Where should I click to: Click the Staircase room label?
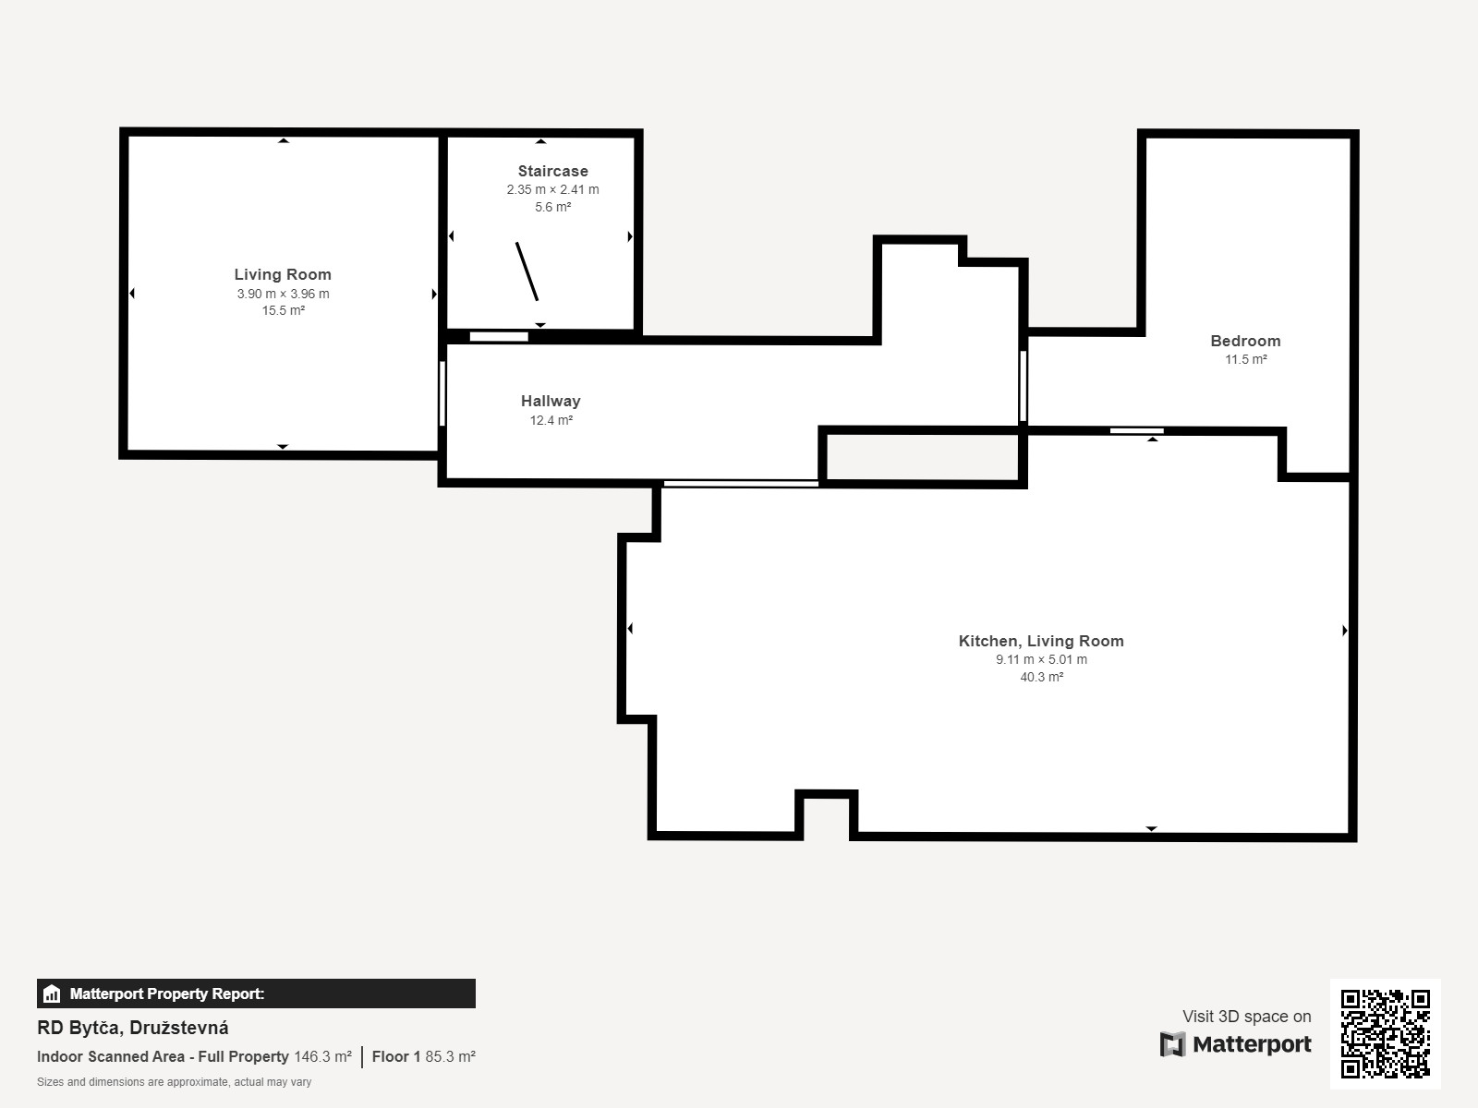pos(552,171)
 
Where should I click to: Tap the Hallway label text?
pos(551,401)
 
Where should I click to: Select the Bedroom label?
pos(1245,341)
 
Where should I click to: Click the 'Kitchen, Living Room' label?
pos(1041,641)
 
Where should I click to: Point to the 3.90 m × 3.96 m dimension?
pos(283,294)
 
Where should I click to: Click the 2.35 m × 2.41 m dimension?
pos(552,189)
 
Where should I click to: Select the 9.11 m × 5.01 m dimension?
pos(1041,659)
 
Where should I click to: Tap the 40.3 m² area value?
pos(1041,677)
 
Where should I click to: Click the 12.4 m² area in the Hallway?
pos(551,420)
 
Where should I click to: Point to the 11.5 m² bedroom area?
pos(1245,359)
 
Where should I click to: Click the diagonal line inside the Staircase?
pos(527,271)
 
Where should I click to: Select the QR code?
pos(1385,1033)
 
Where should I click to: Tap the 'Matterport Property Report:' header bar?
pos(256,994)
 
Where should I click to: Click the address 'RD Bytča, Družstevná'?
pos(133,1028)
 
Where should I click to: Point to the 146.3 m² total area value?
pos(322,1056)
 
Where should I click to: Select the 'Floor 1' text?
pos(396,1056)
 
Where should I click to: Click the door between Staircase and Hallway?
pos(499,336)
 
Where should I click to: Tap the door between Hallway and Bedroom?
pos(1023,385)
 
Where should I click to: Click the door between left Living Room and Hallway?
pos(442,393)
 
